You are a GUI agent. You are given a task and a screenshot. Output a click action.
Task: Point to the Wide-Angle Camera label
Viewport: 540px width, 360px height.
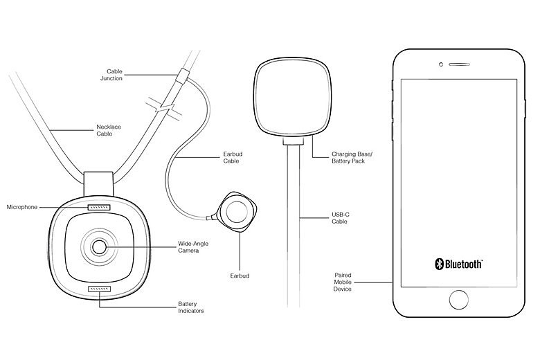[191, 246]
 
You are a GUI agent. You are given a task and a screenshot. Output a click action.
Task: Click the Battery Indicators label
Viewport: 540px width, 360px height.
[191, 307]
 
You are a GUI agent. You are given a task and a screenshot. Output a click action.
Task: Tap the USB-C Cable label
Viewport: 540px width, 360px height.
[340, 219]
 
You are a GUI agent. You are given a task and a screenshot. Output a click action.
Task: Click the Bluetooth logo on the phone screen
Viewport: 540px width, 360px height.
[458, 264]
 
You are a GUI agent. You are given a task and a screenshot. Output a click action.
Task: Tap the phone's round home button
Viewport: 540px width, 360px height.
[458, 299]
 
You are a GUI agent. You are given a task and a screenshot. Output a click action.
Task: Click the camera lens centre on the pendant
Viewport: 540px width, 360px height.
[98, 246]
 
